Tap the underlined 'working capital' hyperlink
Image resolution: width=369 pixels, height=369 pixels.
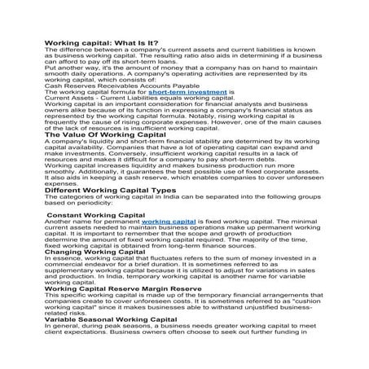[x=169, y=220]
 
